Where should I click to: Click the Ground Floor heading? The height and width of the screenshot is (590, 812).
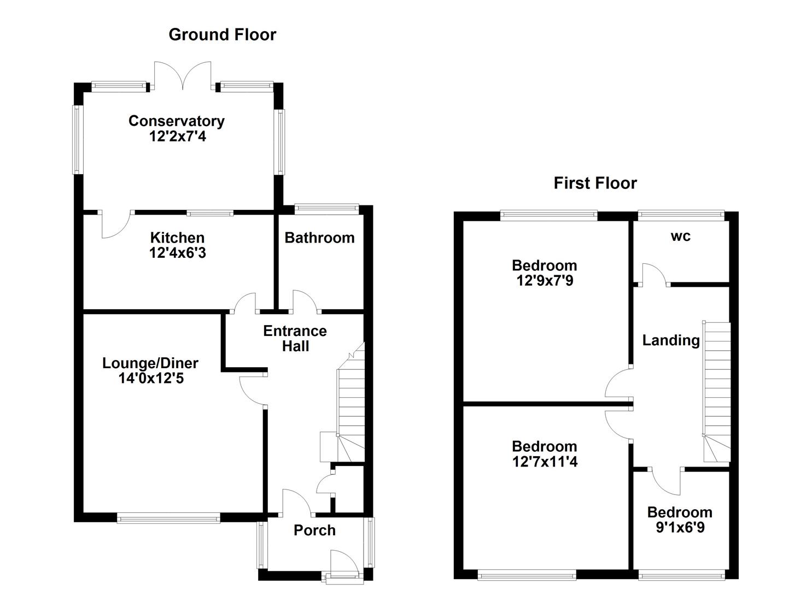pyautogui.click(x=222, y=34)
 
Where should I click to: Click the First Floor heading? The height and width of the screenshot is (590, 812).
pyautogui.click(x=595, y=182)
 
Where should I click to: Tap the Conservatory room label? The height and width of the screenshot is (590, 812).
pyautogui.click(x=176, y=121)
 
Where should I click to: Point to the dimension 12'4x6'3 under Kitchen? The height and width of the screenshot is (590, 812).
pyautogui.click(x=177, y=253)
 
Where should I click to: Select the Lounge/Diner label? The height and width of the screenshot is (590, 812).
pyautogui.click(x=150, y=363)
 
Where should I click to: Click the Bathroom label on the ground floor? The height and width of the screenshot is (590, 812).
pyautogui.click(x=319, y=238)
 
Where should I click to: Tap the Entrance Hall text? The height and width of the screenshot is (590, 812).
pyautogui.click(x=295, y=338)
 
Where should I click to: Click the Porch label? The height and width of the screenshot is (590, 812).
pyautogui.click(x=314, y=530)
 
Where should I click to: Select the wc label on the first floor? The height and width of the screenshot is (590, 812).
pyautogui.click(x=680, y=236)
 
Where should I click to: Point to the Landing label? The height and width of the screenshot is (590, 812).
pyautogui.click(x=671, y=340)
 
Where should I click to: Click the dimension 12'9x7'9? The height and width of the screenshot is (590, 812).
pyautogui.click(x=545, y=281)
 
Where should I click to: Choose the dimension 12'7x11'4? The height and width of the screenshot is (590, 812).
pyautogui.click(x=545, y=462)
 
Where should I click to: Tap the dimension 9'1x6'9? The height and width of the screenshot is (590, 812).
pyautogui.click(x=680, y=528)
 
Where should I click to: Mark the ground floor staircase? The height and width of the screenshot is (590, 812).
pyautogui.click(x=350, y=404)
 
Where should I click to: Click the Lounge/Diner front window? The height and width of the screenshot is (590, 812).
pyautogui.click(x=168, y=517)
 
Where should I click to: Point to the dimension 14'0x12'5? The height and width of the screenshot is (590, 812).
pyautogui.click(x=151, y=378)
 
